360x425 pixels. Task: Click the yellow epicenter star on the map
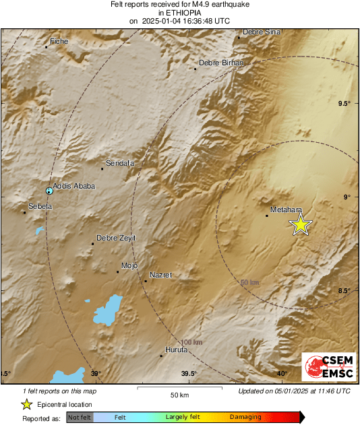[301, 225]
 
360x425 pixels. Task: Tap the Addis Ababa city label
[74, 186]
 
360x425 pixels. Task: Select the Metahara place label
[285, 210]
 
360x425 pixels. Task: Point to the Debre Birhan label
[220, 63]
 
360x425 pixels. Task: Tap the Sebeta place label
[40, 206]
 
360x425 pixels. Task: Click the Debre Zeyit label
[116, 238]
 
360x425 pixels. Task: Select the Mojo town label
[129, 265]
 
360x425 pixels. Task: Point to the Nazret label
[160, 275]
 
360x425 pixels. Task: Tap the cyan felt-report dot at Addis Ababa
[49, 191]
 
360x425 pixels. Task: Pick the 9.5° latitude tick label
[344, 103]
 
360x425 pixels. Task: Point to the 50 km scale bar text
[179, 394]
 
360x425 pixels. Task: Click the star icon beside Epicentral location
[26, 404]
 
